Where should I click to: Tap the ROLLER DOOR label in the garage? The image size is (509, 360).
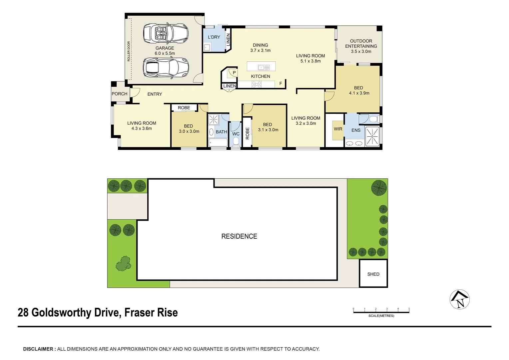129,51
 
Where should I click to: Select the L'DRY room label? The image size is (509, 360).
214,37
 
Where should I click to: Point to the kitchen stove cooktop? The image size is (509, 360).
256,84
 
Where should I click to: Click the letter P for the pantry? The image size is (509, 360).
234,73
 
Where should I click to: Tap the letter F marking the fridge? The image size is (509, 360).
280,84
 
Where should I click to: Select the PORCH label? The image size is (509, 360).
119,94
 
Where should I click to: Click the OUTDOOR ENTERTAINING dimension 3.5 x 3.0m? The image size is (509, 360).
361,52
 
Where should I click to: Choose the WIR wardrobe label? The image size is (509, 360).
338,129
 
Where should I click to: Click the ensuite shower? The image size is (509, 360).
372,136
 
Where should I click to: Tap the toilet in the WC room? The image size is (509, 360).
236,142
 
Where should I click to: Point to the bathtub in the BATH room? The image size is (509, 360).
218,143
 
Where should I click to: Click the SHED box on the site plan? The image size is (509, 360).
373,274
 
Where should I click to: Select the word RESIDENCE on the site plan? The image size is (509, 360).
239,236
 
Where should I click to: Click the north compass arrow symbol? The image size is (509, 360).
460,299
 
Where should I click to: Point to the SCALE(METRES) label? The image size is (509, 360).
381,316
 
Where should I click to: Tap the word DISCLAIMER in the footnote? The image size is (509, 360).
38,349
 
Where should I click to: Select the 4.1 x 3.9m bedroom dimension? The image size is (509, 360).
359,93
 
